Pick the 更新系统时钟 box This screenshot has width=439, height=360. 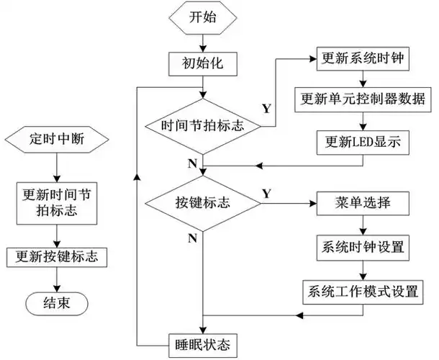[363, 58]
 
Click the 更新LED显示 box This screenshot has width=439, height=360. [363, 143]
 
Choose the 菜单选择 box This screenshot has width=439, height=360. [363, 202]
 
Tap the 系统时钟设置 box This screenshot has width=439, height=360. [363, 247]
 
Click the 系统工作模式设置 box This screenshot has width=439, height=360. [363, 292]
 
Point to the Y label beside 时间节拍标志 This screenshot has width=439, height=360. [266, 109]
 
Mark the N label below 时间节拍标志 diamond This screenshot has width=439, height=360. [192, 163]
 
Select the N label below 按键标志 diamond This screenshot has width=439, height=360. [192, 237]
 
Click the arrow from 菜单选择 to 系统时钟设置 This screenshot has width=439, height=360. [363, 225]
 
